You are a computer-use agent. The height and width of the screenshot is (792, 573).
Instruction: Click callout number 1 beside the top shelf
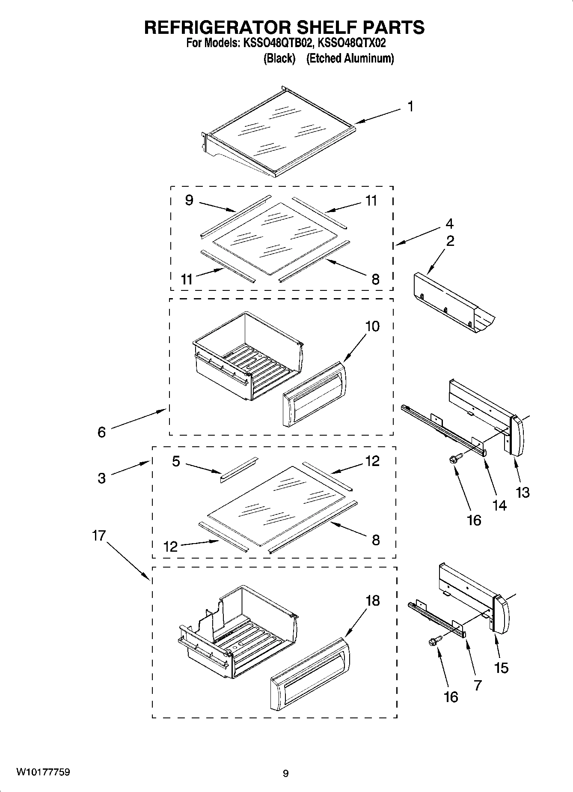pos(410,106)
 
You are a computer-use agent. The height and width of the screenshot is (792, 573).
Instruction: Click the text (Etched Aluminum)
pos(350,58)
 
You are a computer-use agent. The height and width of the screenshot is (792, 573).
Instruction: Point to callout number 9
pos(189,200)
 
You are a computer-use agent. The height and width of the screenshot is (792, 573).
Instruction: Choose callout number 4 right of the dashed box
pos(449,224)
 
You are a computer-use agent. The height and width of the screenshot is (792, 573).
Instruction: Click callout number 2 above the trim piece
pos(450,241)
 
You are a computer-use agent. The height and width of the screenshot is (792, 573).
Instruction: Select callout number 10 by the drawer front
pos(372,326)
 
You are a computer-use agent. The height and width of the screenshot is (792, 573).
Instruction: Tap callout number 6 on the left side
pos(101,432)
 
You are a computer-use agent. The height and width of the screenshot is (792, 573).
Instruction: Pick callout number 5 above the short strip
pos(176,461)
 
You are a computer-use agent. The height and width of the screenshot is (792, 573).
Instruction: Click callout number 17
pos(99,535)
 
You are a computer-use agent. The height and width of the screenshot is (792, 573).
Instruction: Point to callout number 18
pos(372,601)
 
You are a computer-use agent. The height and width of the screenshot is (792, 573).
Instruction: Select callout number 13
pos(523,492)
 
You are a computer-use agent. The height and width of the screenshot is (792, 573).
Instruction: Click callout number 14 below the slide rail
pos(499,505)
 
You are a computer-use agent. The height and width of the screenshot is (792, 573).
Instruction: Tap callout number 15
pos(501,667)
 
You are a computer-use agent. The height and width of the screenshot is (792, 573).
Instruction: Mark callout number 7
pos(478,685)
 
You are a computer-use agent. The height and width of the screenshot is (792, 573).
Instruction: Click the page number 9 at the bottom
pos(285,774)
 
